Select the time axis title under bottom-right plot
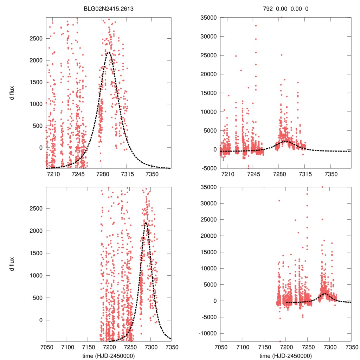[x=285, y=355]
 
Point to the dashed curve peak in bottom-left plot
[x=146, y=223]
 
